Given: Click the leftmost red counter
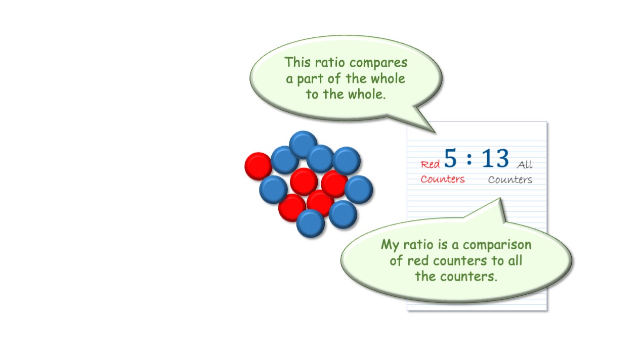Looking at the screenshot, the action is [259, 166].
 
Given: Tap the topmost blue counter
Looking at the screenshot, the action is [303, 145].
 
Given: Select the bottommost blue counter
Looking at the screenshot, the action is [311, 223].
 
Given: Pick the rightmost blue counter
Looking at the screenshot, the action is [359, 190].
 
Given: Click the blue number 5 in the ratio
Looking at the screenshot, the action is [451, 158].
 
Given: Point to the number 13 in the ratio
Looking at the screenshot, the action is [495, 158].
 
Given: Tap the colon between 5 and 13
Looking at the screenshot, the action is [469, 159].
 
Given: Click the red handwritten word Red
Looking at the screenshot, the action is [430, 164].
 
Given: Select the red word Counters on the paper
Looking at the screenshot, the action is [443, 179].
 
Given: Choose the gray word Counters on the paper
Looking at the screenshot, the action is [510, 179].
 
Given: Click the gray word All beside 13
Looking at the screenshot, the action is [525, 164].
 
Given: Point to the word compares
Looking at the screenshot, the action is [378, 63].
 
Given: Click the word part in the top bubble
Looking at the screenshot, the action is [310, 79].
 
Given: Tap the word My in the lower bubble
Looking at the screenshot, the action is [390, 245].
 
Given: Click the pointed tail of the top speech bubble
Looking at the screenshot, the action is [435, 132].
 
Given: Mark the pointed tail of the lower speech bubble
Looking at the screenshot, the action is [500, 198].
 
